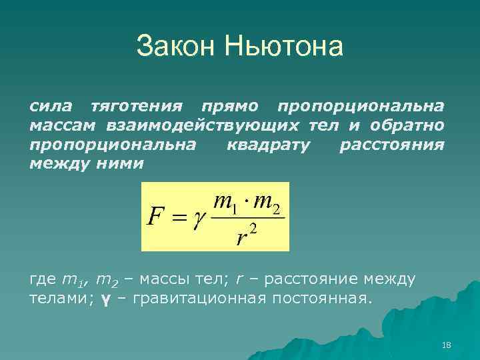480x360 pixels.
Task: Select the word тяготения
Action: pos(136,107)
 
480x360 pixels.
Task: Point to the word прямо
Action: pos(231,107)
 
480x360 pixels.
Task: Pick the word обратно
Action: pos(409,125)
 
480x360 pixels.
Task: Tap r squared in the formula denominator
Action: pos(246,235)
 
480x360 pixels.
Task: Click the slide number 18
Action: pos(447,345)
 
